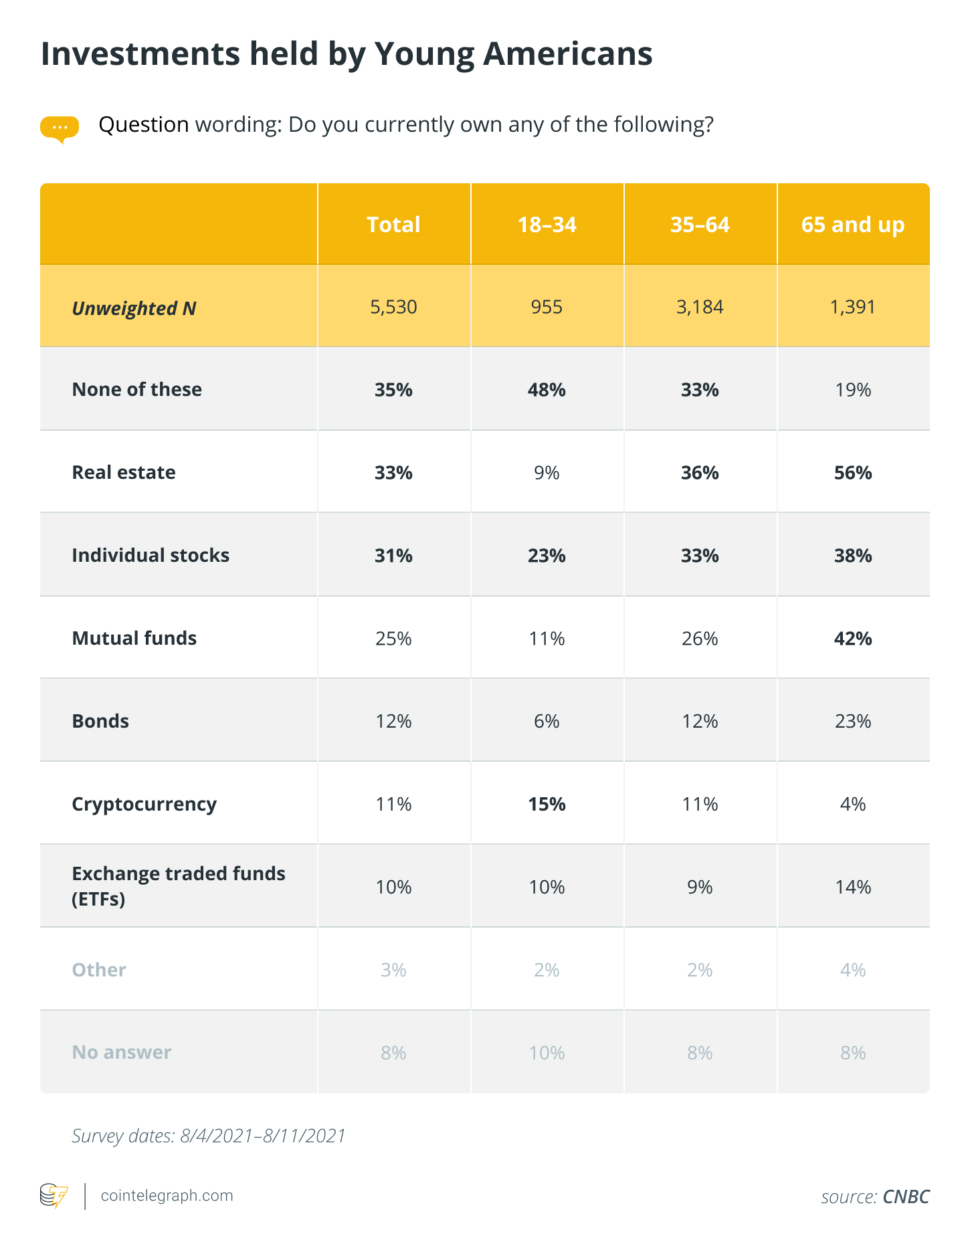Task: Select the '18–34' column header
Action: pos(547,225)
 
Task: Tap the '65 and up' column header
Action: pos(853,225)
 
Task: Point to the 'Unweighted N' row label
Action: pos(134,308)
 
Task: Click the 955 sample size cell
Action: pos(547,307)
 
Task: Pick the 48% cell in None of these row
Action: pos(547,390)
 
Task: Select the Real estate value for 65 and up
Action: pos(853,473)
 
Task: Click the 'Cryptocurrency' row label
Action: pos(144,805)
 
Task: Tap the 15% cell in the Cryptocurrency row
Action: pos(547,804)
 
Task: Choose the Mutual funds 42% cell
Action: pos(853,639)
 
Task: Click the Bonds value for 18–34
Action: pos(547,721)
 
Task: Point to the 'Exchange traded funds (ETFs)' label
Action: pos(179,886)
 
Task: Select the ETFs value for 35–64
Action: pos(700,887)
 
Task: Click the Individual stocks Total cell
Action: pos(393,556)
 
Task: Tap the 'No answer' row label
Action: pos(122,1052)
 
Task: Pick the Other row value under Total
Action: pos(393,970)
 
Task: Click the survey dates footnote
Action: pos(209,1136)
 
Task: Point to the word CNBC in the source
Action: pos(906,1196)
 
